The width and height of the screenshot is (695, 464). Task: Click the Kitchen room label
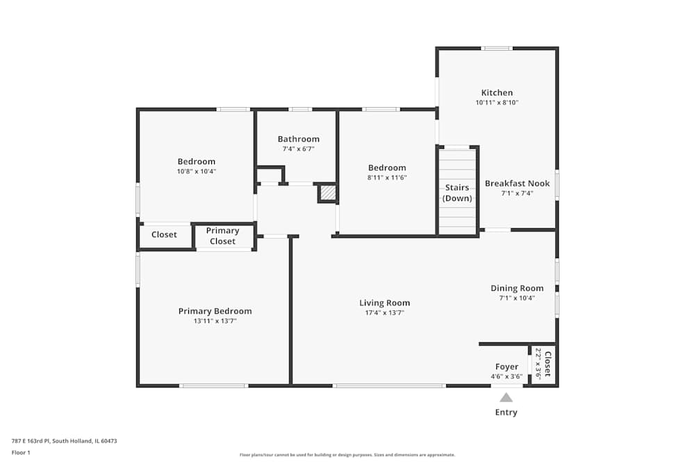pos(497,93)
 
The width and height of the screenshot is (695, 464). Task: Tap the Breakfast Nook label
pos(517,184)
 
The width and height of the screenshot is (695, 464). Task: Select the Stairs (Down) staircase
pos(457,193)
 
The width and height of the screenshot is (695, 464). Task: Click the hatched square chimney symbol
pos(327,193)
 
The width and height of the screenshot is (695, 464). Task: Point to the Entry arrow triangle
pos(506,397)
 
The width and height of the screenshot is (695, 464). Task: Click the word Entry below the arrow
pos(506,413)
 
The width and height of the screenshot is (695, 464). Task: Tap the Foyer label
pos(506,367)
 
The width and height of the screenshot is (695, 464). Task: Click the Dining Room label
pos(517,288)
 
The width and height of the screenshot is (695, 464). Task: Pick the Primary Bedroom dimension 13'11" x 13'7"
pos(215,321)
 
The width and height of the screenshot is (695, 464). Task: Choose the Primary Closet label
pos(222,236)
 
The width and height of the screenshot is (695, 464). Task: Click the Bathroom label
pos(298,139)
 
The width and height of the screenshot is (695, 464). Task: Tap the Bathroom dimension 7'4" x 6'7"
pos(298,149)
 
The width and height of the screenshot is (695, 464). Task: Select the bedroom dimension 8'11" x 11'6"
pos(386,177)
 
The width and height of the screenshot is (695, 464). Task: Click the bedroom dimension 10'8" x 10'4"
pos(196,171)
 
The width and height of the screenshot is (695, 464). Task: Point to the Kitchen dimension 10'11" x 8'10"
pos(497,102)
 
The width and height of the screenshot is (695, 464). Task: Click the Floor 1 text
pos(21,452)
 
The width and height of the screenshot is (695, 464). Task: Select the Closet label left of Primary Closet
pos(164,235)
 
